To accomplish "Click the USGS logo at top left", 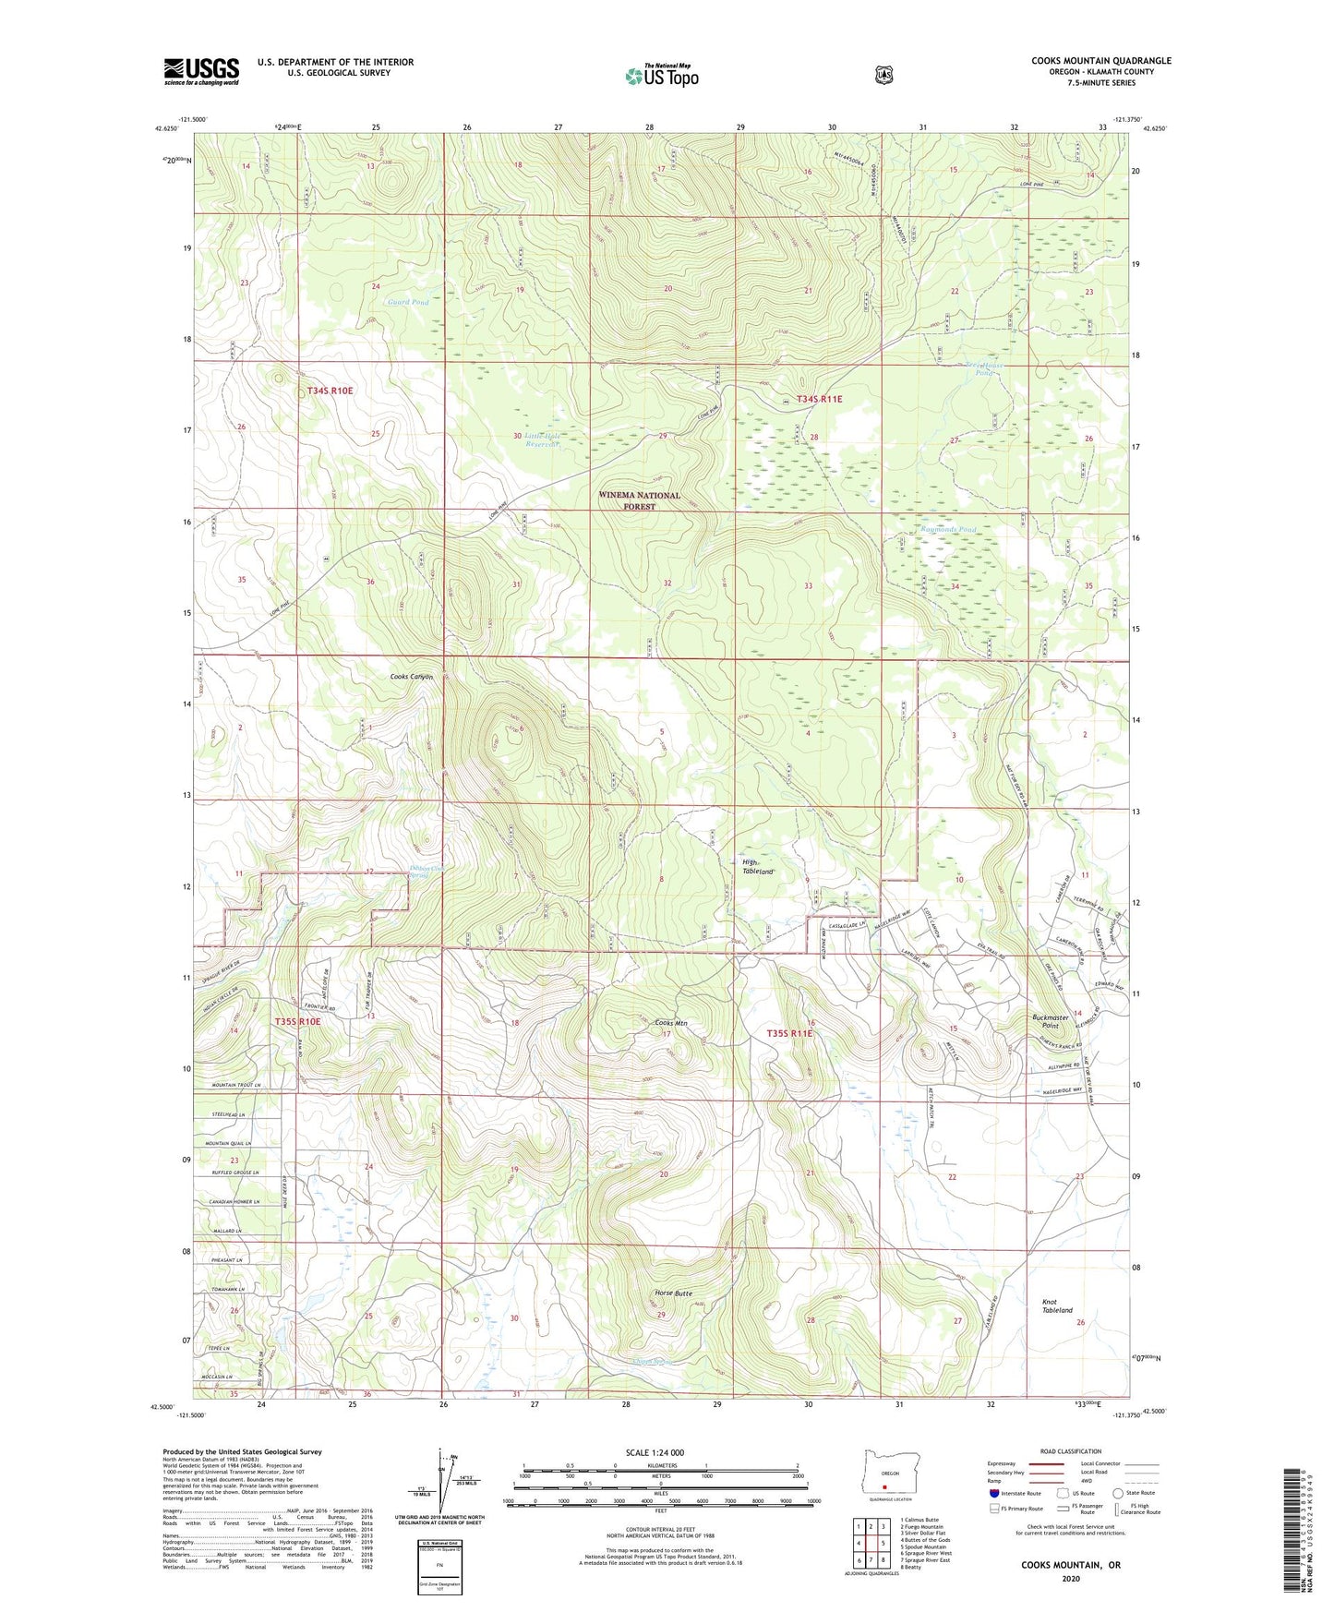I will [201, 71].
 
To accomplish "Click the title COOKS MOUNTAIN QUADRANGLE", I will [1100, 61].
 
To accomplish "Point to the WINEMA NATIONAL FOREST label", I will [639, 500].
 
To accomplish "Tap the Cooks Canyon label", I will [411, 677].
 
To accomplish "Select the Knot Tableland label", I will [1057, 1305].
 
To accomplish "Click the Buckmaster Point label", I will [1050, 1021].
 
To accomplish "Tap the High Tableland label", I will [756, 867].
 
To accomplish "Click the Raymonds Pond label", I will [947, 530].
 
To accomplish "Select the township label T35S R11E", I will [789, 1033].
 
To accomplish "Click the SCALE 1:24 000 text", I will [655, 1452].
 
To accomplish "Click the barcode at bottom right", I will [1305, 1528].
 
